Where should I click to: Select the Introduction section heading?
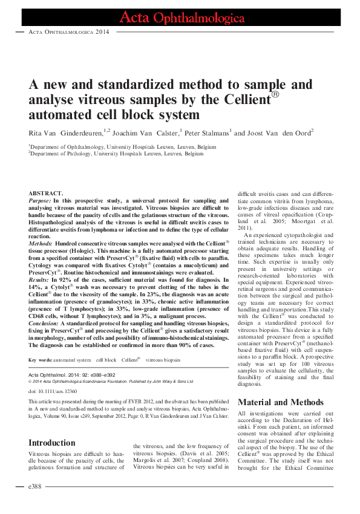click(x=55, y=426)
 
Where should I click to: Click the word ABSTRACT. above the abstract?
click(x=47, y=193)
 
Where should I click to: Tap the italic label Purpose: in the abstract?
click(x=41, y=200)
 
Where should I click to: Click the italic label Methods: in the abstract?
click(x=41, y=242)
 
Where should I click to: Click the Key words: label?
click(x=42, y=360)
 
